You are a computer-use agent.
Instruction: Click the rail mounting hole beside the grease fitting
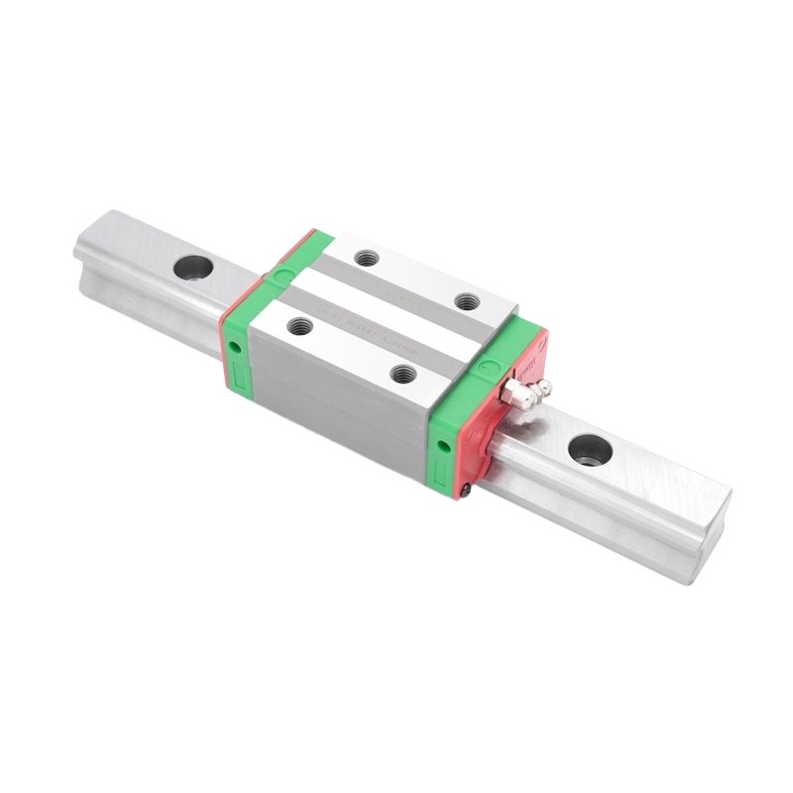click(590, 450)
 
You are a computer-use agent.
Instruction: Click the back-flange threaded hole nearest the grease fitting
click(466, 300)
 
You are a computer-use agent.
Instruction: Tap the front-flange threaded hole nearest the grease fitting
click(401, 374)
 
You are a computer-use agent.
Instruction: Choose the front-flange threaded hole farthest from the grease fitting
click(294, 324)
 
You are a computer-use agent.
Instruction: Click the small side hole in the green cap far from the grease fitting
click(233, 346)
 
